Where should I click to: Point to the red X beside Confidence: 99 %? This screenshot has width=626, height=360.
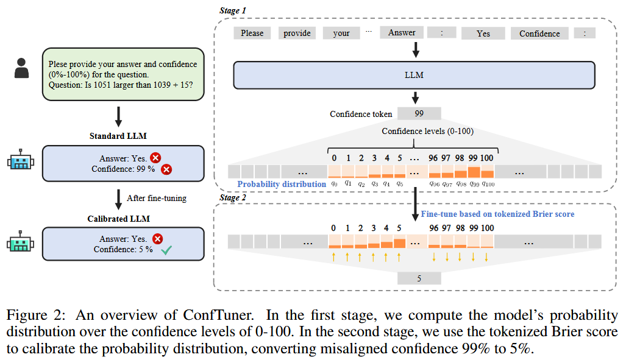coord(166,169)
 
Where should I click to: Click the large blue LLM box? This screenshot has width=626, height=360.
coord(414,76)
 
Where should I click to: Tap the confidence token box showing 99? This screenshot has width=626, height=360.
coord(419,113)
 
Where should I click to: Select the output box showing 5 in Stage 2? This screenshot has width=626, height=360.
coord(419,278)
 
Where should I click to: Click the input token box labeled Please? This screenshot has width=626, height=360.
coord(252,34)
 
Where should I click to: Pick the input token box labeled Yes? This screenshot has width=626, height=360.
coord(483,34)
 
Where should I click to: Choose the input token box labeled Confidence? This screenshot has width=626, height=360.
coord(539,34)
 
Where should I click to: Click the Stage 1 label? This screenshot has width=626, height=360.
coord(232,10)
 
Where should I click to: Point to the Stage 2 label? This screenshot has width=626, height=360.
coord(232,197)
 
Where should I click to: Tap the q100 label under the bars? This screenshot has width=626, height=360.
coord(488,183)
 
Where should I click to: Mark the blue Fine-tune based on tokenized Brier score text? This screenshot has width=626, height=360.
coord(497,214)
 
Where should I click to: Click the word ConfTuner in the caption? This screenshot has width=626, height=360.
coord(213,316)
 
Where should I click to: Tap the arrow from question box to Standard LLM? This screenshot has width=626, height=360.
coord(119,115)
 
